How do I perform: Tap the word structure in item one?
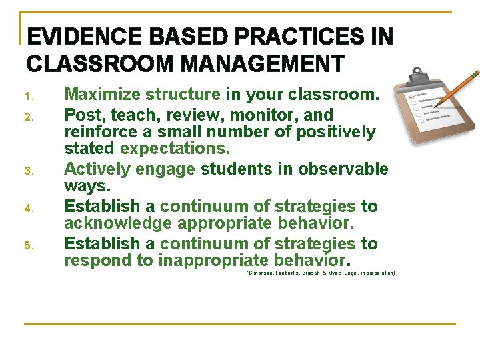pos(184,95)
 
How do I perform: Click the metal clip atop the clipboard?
pos(417,71)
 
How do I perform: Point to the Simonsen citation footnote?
pos(321,273)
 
